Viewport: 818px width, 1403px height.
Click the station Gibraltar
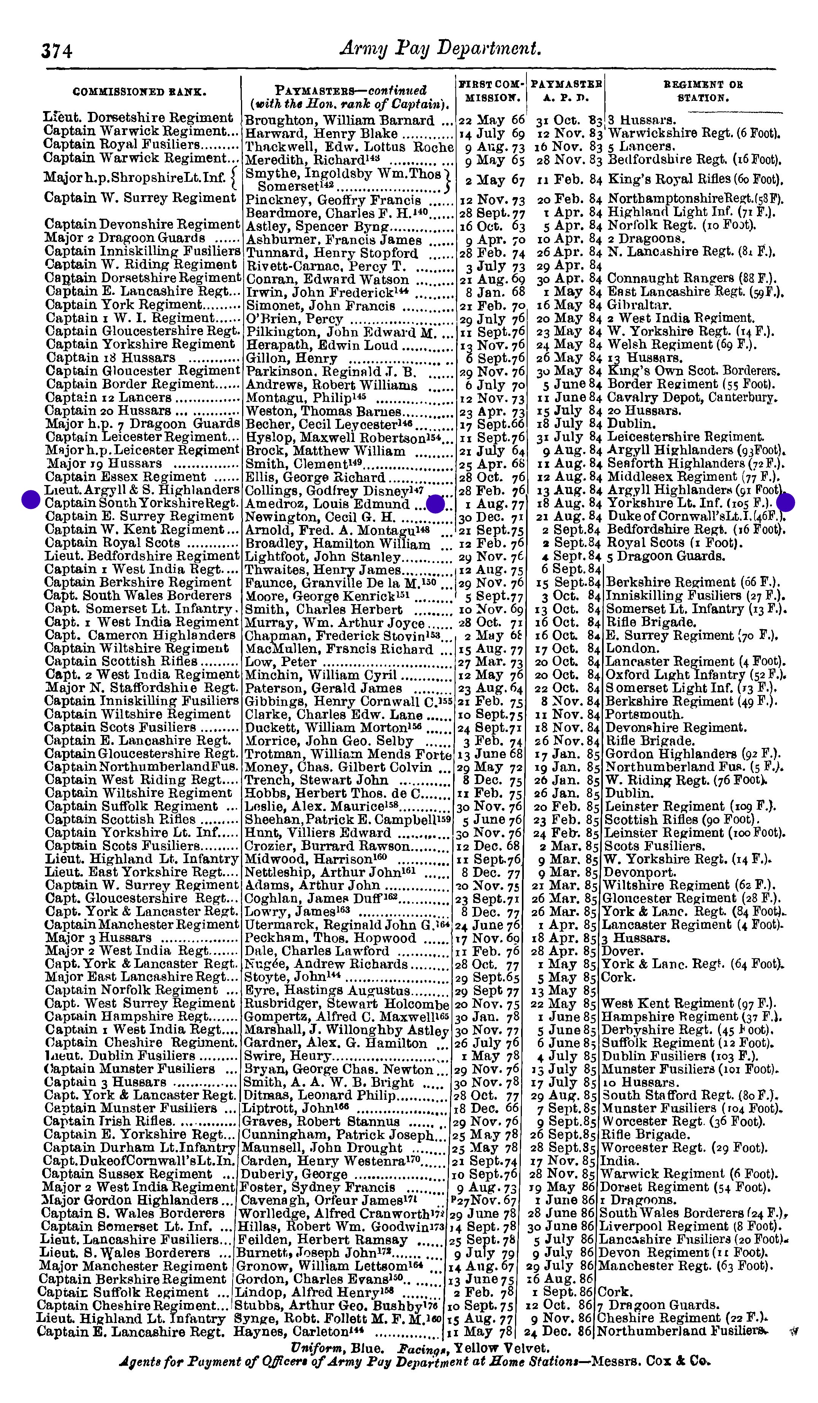(x=639, y=305)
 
